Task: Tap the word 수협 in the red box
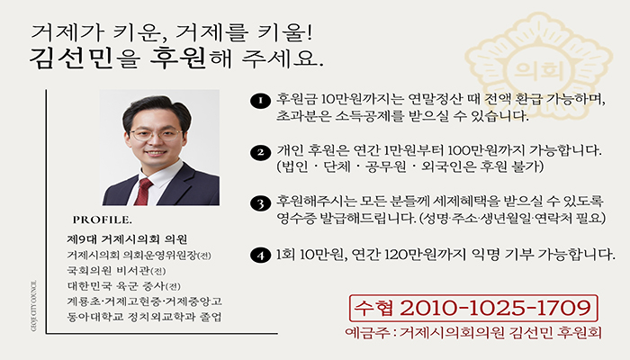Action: [x=373, y=308]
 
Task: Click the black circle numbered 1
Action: [x=260, y=101]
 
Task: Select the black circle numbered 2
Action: [x=260, y=153]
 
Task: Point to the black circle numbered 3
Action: [x=260, y=203]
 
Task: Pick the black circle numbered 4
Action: [x=260, y=256]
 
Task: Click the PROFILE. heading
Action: [x=102, y=220]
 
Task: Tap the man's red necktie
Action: [x=142, y=192]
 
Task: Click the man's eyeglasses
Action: [x=156, y=134]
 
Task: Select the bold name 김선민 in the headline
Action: [x=71, y=58]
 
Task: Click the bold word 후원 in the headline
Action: [x=178, y=58]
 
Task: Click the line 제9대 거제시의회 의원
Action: [x=127, y=239]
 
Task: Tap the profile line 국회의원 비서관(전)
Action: [x=116, y=271]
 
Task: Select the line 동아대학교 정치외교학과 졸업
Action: [x=144, y=317]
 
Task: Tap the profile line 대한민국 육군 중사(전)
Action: [x=124, y=286]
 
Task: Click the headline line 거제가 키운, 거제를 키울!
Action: [x=171, y=32]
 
